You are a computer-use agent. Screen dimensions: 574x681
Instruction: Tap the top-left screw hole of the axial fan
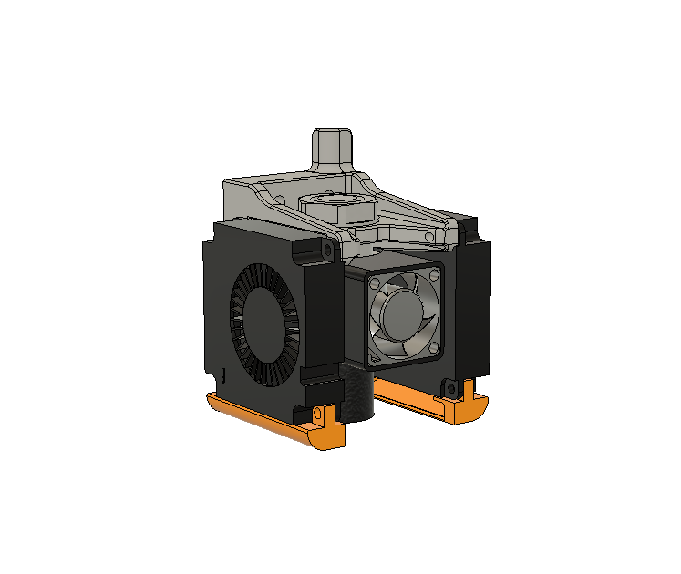click(374, 283)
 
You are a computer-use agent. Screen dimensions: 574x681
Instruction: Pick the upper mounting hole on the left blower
click(325, 247)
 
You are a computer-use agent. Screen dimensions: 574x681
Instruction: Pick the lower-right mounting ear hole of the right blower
click(449, 389)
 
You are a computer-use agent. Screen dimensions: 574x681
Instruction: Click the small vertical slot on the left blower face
click(223, 374)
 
